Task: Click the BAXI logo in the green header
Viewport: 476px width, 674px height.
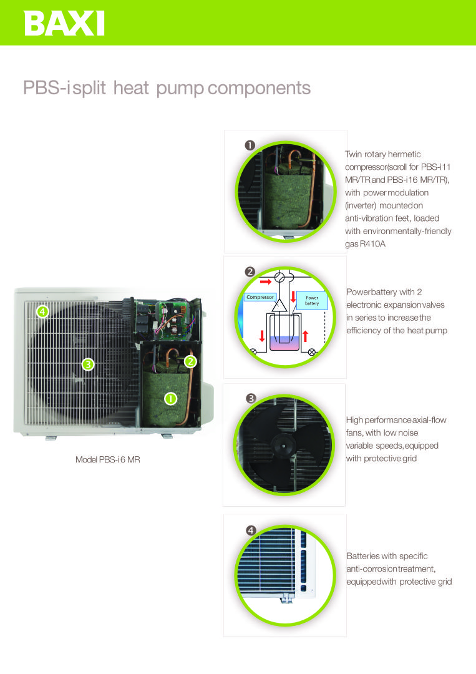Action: point(64,23)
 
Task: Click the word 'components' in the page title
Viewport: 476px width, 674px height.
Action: point(259,88)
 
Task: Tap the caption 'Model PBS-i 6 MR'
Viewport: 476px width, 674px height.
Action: point(108,459)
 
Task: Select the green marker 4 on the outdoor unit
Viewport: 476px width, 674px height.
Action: point(42,311)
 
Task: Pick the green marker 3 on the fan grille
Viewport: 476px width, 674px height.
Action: point(88,364)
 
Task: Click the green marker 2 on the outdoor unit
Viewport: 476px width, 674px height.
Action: point(190,361)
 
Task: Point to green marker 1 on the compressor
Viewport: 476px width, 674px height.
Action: point(170,399)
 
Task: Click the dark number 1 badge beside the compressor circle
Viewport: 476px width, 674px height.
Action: point(250,145)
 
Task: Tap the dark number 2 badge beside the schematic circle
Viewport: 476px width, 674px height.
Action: point(250,271)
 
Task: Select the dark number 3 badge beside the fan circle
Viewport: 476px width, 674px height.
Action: point(251,398)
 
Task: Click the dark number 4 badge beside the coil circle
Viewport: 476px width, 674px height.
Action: point(251,530)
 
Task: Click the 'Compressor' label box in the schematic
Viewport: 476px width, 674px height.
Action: point(260,297)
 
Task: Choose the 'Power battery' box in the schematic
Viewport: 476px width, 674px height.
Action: point(312,300)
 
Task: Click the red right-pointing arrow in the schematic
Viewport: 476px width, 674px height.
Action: point(266,282)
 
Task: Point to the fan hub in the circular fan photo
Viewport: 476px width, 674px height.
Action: point(283,446)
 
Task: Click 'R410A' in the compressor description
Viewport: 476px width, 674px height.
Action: point(372,244)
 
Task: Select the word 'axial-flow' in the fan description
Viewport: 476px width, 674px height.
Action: point(429,420)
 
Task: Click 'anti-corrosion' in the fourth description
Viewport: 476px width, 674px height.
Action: point(372,569)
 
